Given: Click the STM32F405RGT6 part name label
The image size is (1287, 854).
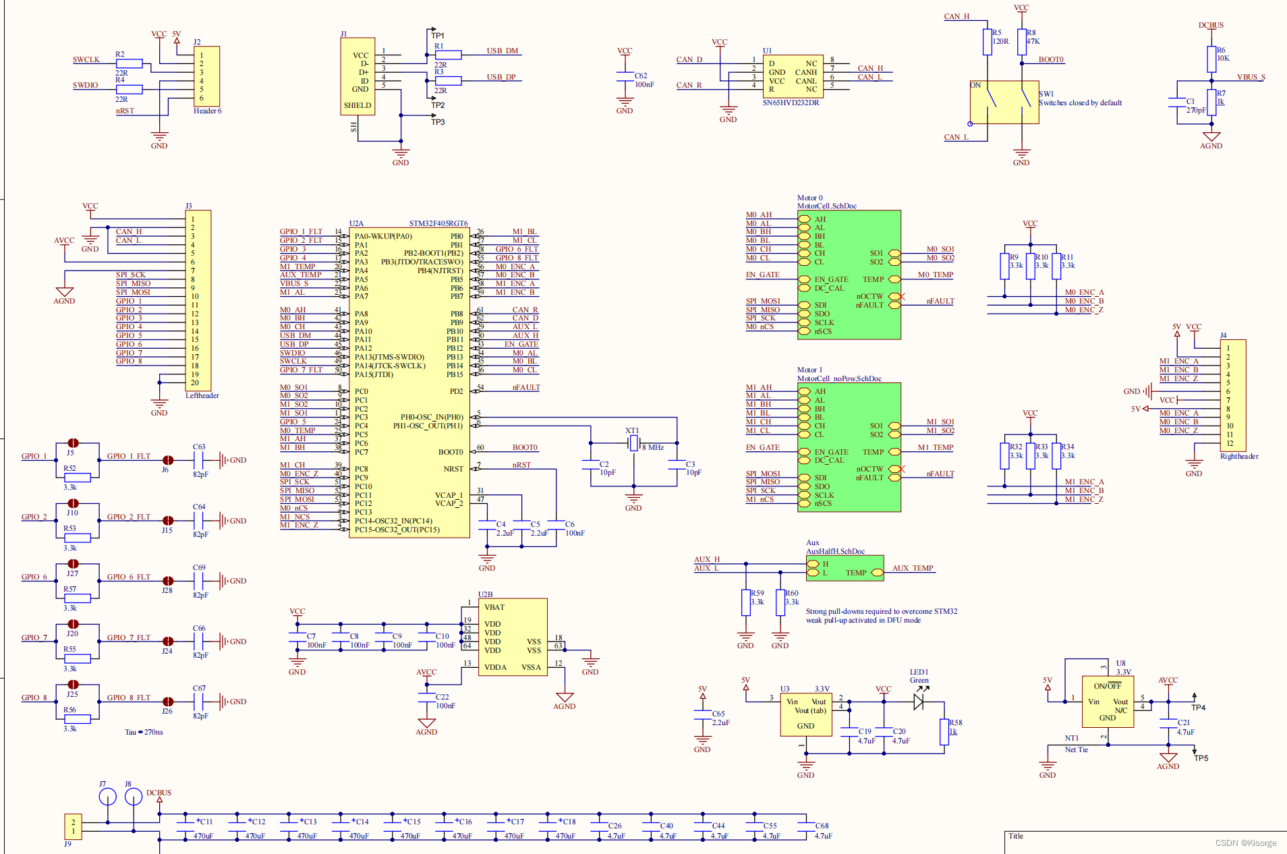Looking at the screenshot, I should (438, 223).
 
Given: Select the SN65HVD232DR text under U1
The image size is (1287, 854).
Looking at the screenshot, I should (791, 103).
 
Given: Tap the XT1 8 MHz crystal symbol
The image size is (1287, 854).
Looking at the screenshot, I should (633, 443).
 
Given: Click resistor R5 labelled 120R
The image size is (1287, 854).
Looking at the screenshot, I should (988, 42).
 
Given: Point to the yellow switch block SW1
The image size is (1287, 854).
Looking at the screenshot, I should (1004, 103).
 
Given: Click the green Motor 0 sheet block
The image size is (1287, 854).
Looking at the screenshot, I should (849, 275).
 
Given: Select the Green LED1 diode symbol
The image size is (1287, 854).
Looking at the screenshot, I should (919, 702).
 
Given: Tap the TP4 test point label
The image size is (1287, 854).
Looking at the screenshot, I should (1198, 708).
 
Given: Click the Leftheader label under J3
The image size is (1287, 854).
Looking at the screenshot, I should (202, 396).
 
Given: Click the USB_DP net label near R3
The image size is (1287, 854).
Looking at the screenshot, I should (500, 77).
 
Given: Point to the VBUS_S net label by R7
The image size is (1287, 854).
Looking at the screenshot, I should (1251, 77).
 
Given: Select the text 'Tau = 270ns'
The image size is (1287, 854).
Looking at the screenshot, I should (144, 732).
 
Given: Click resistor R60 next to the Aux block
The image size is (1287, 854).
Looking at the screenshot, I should (780, 602).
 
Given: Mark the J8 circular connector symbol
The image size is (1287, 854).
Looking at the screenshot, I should (134, 797).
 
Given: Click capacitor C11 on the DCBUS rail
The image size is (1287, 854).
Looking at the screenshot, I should (185, 827).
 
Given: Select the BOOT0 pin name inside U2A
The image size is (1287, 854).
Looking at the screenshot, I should (451, 452).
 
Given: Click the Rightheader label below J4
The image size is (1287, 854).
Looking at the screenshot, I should (1238, 457).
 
